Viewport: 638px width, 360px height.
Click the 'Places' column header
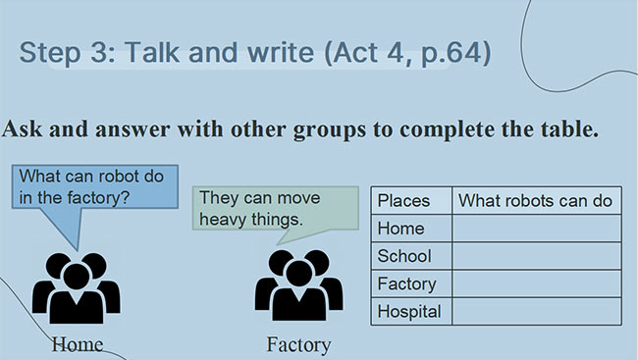404,200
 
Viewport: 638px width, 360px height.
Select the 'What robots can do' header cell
536,200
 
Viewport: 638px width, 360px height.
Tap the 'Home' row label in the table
401,229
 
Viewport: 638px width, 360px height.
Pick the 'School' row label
404,256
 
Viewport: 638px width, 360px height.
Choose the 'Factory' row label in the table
407,283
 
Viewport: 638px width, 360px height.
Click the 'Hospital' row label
410,312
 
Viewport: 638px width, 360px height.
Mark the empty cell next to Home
536,229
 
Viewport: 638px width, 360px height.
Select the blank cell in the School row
536,256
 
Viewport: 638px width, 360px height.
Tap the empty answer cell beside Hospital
536,312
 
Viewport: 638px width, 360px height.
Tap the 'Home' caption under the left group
78,344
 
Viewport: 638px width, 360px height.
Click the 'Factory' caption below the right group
298,344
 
